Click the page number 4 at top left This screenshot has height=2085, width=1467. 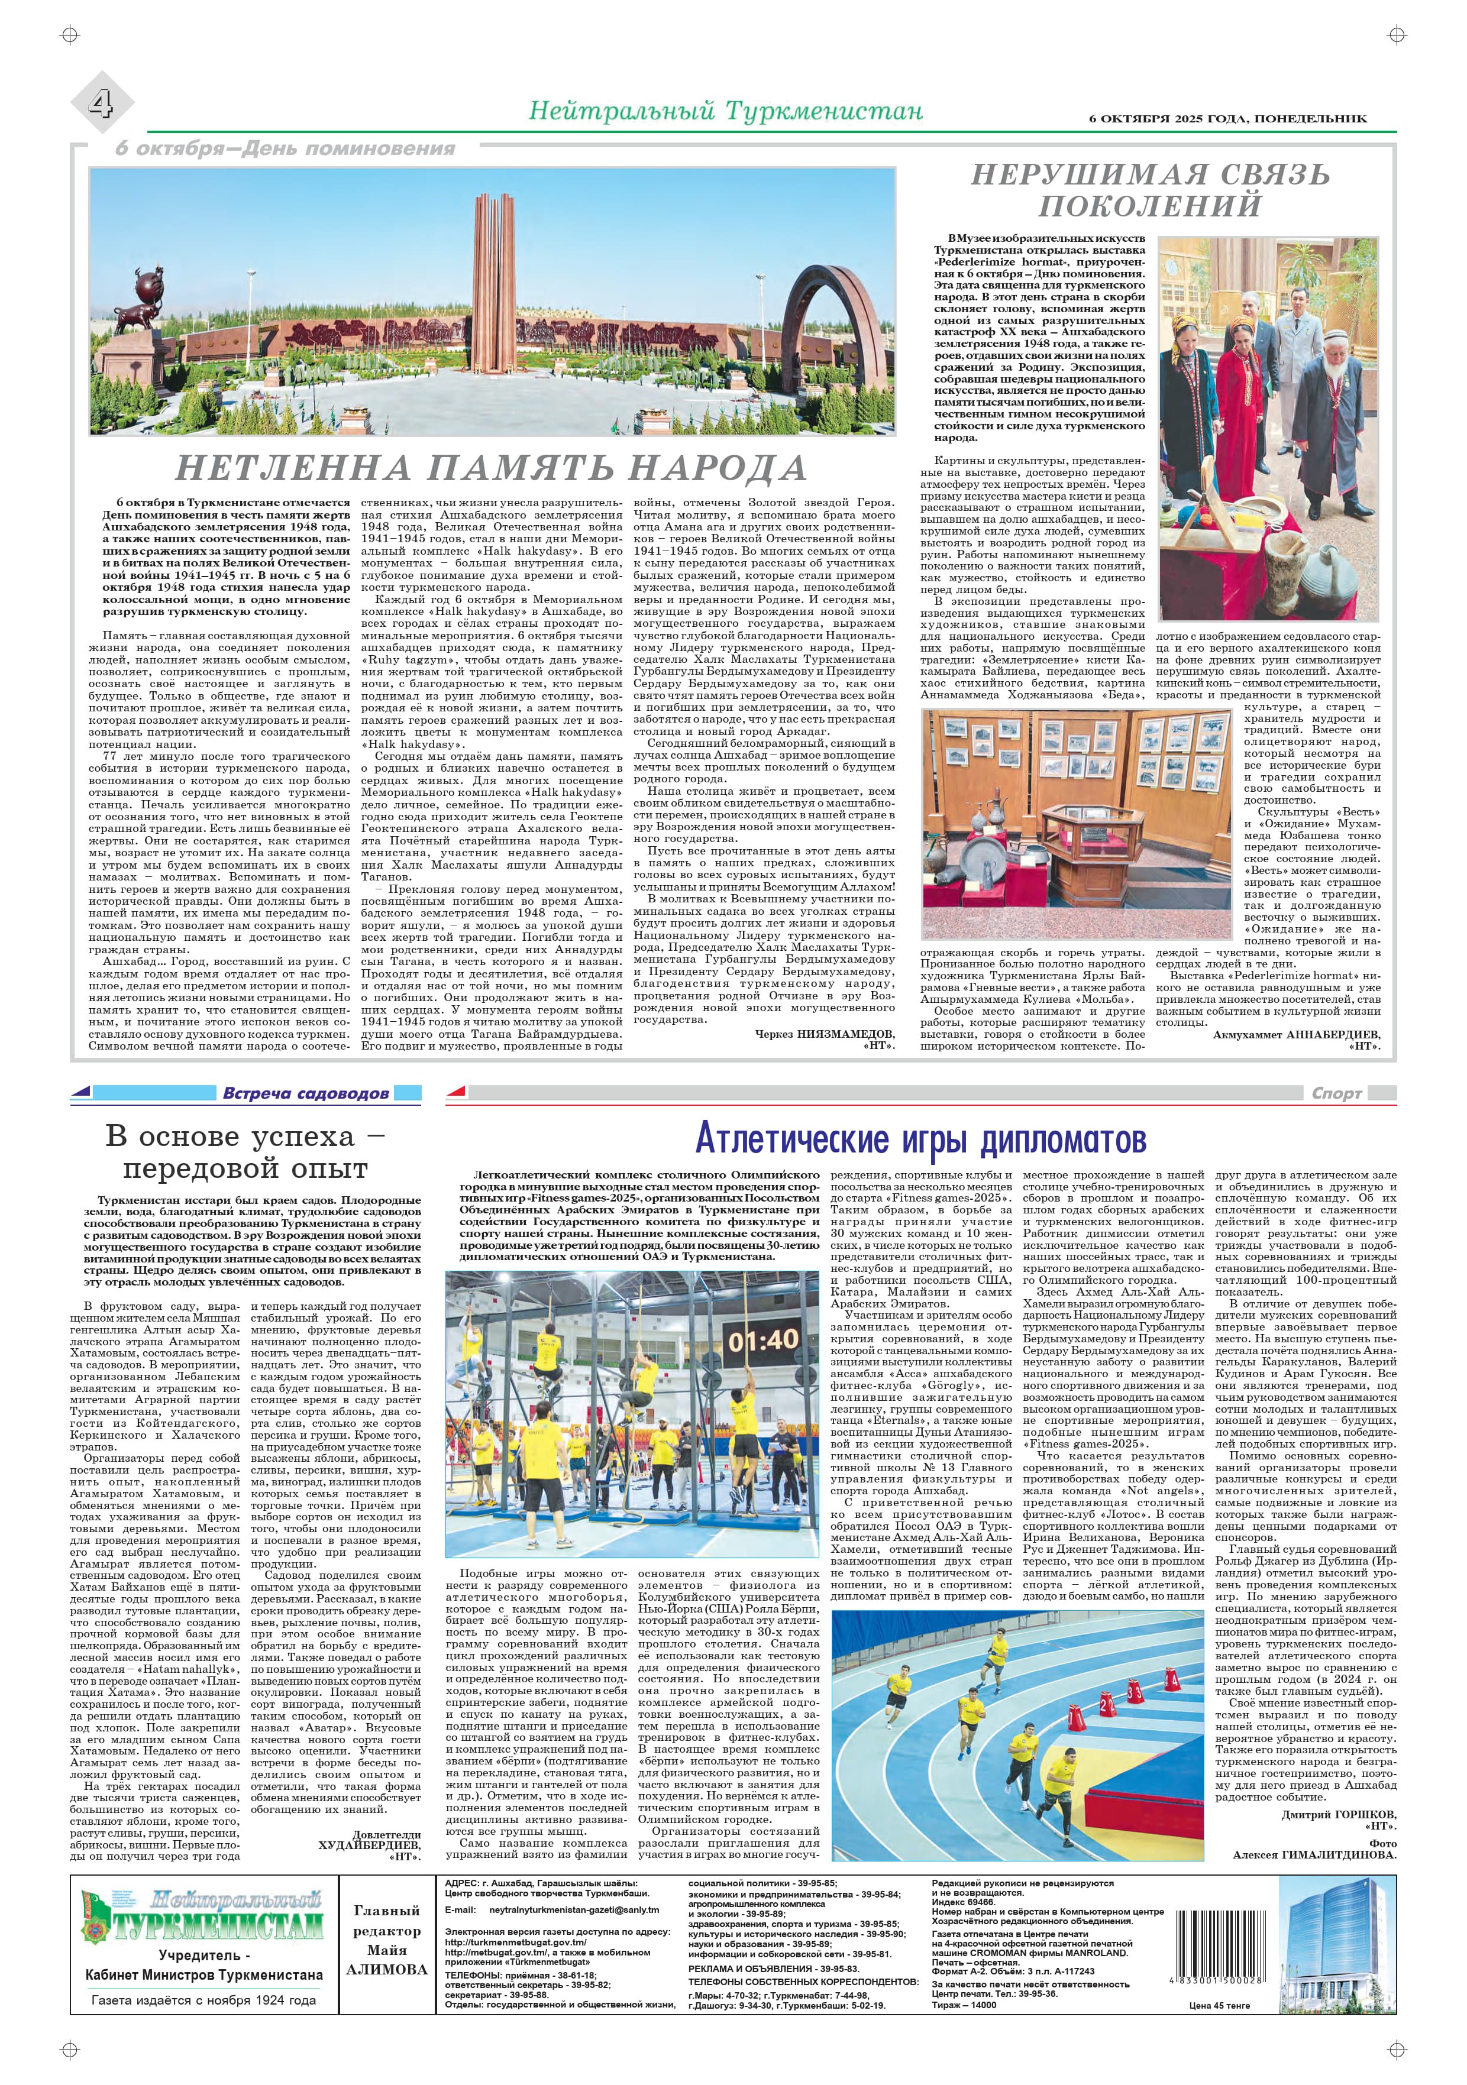point(101,103)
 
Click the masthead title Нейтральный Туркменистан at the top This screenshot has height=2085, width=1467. point(725,112)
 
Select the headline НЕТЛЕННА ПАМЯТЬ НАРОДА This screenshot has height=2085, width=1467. point(490,468)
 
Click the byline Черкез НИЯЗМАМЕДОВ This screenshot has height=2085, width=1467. point(825,1034)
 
